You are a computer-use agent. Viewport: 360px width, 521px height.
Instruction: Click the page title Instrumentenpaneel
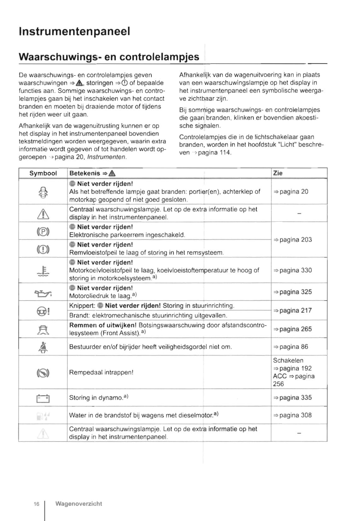pyautogui.click(x=74, y=31)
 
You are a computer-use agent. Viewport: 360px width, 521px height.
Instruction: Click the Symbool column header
pyautogui.click(x=43, y=173)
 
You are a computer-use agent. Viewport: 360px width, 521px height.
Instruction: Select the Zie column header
pyautogui.click(x=278, y=173)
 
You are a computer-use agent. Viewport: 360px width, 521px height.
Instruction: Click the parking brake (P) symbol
pyautogui.click(x=43, y=232)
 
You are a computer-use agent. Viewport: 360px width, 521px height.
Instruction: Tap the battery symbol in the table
pyautogui.click(x=43, y=399)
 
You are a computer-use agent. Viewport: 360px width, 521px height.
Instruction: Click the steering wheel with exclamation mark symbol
pyautogui.click(x=43, y=311)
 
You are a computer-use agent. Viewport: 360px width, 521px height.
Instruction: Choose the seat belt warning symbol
pyautogui.click(x=43, y=347)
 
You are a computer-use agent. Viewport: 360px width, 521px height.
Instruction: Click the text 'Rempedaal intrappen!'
pyautogui.click(x=101, y=372)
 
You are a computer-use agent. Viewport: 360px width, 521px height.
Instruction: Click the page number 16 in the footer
pyautogui.click(x=37, y=504)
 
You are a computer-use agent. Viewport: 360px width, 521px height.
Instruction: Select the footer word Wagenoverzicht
pyautogui.click(x=78, y=504)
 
